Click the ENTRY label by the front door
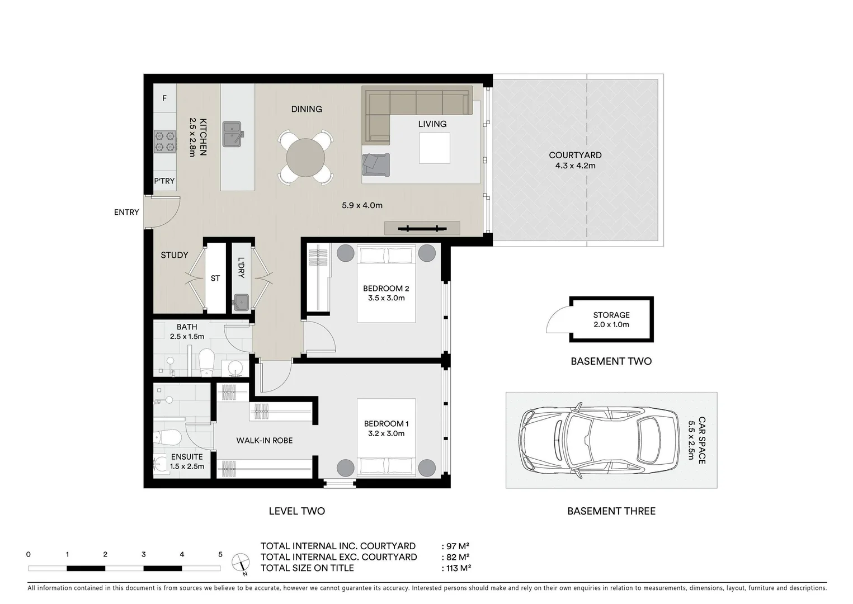coord(126,212)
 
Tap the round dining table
coord(305,157)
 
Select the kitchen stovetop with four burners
coord(165,141)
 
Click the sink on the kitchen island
coord(232,134)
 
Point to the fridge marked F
coord(164,98)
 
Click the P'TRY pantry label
coord(164,181)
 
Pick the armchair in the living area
coord(375,164)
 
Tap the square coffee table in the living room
coord(434,148)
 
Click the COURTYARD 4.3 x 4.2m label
coord(575,161)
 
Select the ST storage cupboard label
coord(215,278)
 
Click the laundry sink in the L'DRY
coord(241,303)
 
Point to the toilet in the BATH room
coord(206,362)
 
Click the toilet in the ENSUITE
coord(168,437)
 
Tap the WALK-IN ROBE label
coord(264,441)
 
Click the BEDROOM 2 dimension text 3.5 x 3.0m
coord(386,298)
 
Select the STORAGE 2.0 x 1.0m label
coord(611,319)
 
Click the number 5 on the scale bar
coord(220,554)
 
